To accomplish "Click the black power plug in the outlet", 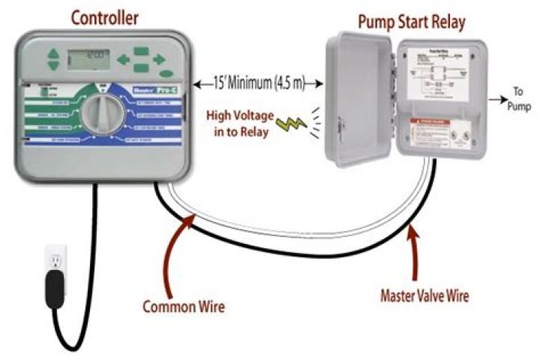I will [x=54, y=285].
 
